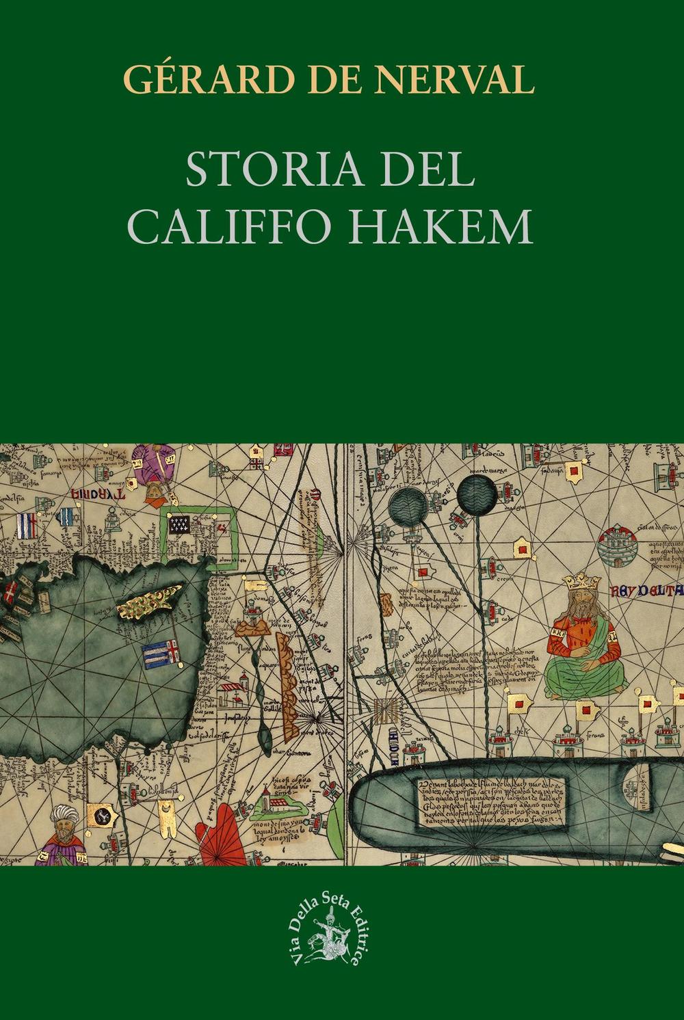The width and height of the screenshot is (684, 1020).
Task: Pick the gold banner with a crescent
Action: pos(166,811)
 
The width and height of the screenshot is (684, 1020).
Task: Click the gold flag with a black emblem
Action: pos(103,815)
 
